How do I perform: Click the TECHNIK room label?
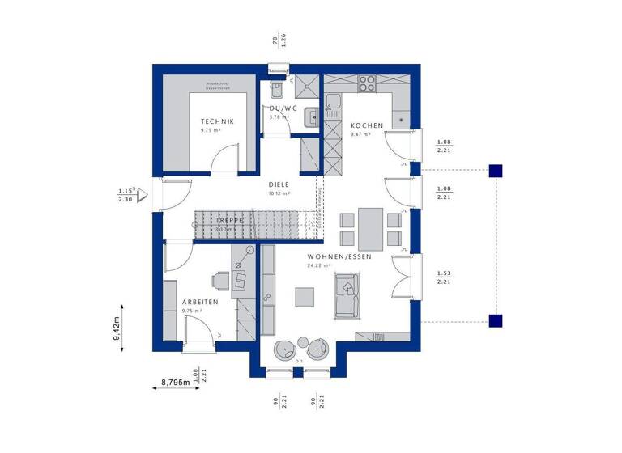pos(217,121)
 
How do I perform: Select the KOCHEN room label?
pos(367,125)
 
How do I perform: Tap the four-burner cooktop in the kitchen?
pos(367,82)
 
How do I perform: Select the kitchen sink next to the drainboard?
pos(333,103)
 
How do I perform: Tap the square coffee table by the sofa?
pos(305,297)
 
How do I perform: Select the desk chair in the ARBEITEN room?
pos(220,280)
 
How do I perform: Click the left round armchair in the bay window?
pos(285,349)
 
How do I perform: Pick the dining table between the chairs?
pos(371,228)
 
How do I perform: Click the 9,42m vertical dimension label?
pos(116,328)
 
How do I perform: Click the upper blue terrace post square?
pos(496,170)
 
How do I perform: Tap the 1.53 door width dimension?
pos(443,274)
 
